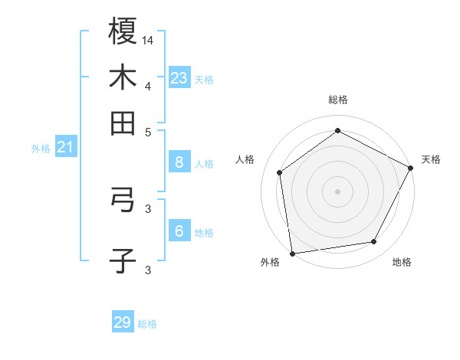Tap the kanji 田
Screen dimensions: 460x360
coord(123,123)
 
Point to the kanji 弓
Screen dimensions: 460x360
coord(123,201)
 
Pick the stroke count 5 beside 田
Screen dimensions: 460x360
coord(148,132)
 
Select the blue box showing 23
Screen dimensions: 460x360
coord(179,78)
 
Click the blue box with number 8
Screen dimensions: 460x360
coord(179,162)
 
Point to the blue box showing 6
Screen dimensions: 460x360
coord(179,231)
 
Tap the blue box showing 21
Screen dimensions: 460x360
coord(64,148)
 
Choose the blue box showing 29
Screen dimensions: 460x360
coord(123,322)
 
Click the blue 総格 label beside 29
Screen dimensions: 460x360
coord(147,324)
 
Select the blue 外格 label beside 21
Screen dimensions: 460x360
coord(40,149)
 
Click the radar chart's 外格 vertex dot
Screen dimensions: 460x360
coord(292,253)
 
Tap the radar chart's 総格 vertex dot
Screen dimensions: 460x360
coord(337,130)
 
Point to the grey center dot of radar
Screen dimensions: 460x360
coord(337,191)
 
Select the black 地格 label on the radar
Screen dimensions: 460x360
coord(402,262)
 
